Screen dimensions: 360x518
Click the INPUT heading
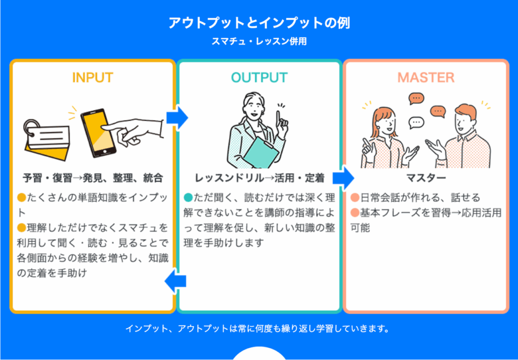(93, 77)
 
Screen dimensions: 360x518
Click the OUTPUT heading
(259, 77)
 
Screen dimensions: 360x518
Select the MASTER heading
(425, 77)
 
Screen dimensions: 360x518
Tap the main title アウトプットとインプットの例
(259, 23)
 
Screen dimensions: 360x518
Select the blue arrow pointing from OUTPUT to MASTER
(343, 177)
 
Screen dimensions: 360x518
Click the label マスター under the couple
(425, 178)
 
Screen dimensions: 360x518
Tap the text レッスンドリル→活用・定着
(259, 178)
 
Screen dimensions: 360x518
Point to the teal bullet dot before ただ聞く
(189, 197)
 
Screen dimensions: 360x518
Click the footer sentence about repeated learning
(259, 329)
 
